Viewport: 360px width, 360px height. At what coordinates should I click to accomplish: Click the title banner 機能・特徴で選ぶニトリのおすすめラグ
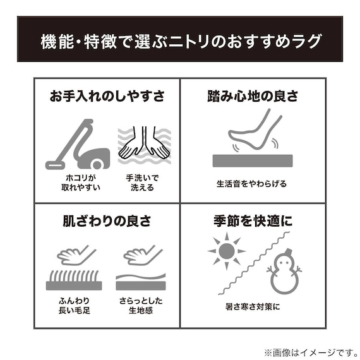pyautogui.click(x=180, y=42)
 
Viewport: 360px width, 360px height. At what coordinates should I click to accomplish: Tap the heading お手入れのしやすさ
pyautogui.click(x=107, y=97)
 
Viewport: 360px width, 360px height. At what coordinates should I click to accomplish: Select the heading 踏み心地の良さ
pyautogui.click(x=253, y=97)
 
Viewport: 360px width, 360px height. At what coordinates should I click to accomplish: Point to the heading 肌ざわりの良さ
pyautogui.click(x=107, y=222)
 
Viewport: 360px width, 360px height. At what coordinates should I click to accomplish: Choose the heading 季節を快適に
pyautogui.click(x=253, y=222)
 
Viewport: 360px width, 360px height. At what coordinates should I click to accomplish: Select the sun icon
pyautogui.click(x=225, y=252)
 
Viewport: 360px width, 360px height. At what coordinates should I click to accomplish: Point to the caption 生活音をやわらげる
pyautogui.click(x=252, y=184)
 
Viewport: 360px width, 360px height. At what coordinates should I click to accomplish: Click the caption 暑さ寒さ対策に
pyautogui.click(x=252, y=308)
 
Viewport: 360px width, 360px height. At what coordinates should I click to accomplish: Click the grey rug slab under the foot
pyautogui.click(x=252, y=160)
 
